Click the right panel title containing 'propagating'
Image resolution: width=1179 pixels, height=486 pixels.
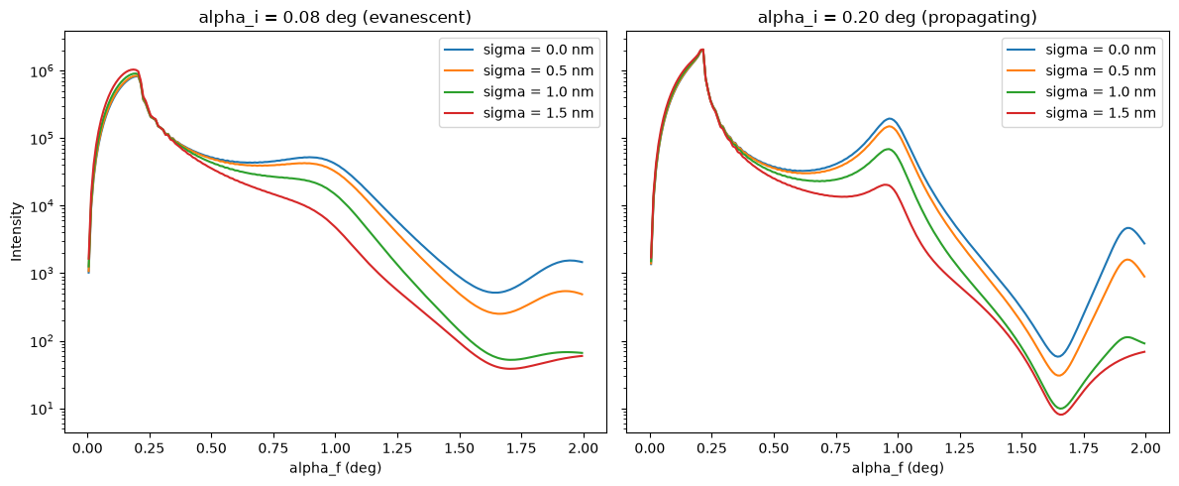point(898,17)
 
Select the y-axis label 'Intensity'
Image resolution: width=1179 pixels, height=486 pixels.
point(17,232)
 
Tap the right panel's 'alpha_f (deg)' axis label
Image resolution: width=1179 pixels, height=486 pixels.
point(898,468)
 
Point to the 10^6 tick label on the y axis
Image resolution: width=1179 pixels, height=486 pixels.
point(44,70)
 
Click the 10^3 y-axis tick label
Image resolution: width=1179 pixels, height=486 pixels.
point(44,273)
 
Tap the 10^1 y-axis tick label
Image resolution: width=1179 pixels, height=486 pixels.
point(44,409)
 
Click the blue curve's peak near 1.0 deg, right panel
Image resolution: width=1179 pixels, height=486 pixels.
point(890,119)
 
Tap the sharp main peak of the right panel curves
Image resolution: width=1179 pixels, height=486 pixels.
point(701,51)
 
